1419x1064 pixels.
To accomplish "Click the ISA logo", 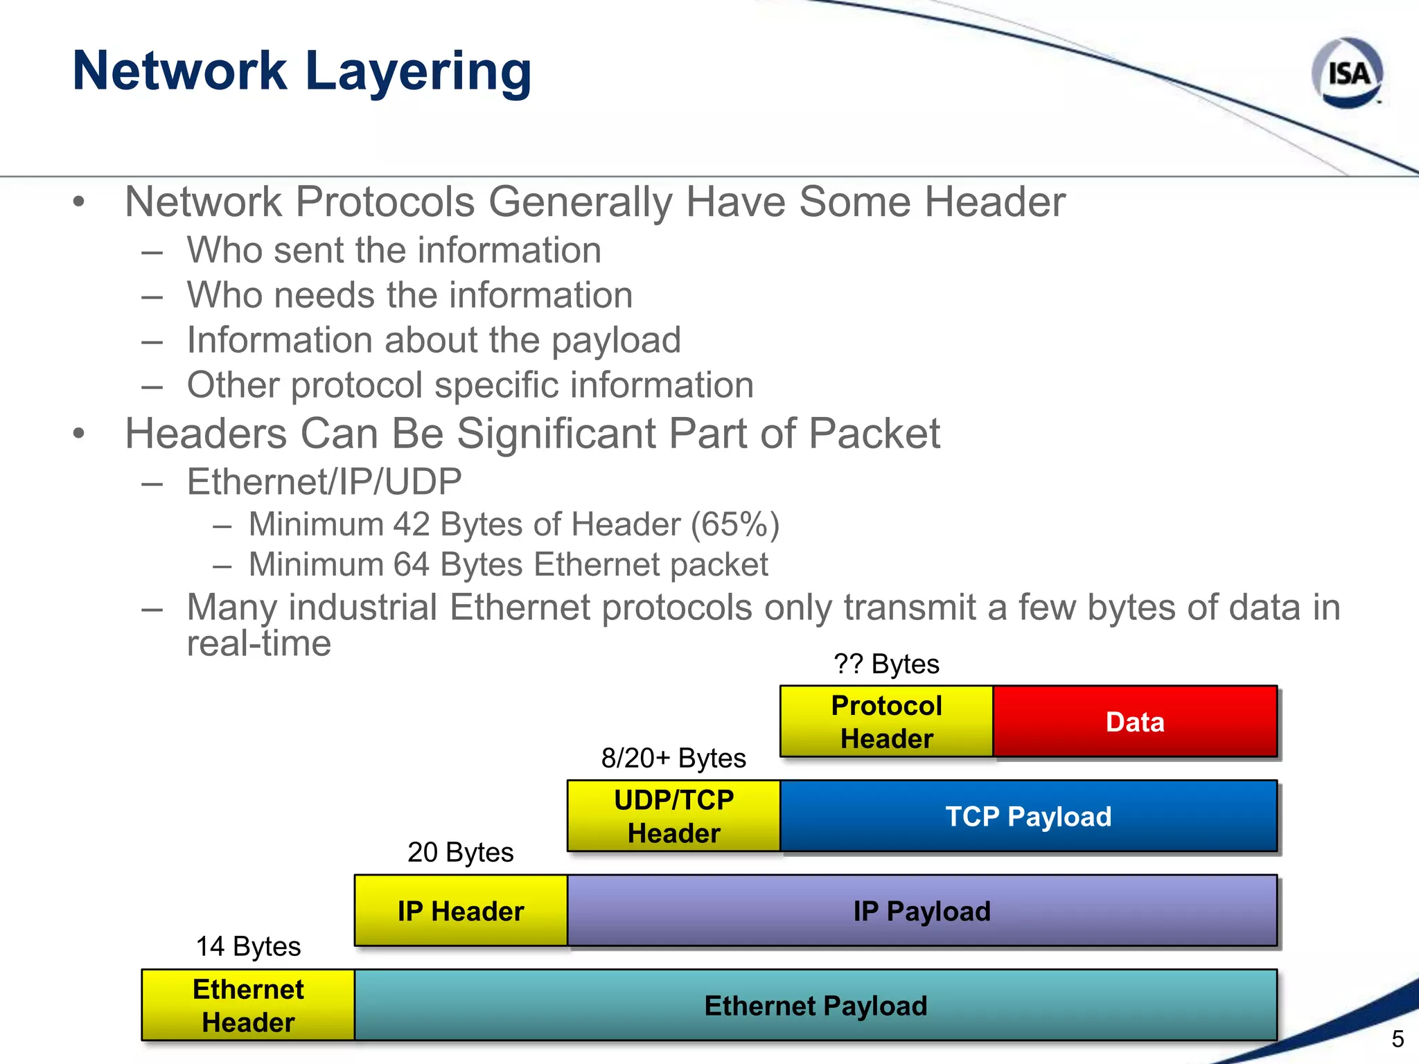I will [1347, 73].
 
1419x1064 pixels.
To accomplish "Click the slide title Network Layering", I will [302, 71].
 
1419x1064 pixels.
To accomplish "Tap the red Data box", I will [1134, 722].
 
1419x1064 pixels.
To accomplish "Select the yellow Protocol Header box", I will [886, 722].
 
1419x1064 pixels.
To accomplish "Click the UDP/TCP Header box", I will [673, 816].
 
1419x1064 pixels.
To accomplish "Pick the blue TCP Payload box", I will [1028, 816].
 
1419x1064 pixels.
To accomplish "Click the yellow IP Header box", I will [460, 911].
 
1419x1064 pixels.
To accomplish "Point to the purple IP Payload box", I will [922, 911].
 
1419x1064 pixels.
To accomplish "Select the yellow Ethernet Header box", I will [248, 1005].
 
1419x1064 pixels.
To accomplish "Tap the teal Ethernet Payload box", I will [816, 1005].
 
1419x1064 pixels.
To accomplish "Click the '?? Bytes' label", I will [886, 664].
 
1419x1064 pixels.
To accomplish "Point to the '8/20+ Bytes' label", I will [673, 759].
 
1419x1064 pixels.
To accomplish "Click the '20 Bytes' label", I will [460, 853].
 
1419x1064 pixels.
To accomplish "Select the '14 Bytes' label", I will [248, 947].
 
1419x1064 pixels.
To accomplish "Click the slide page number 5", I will [1398, 1039].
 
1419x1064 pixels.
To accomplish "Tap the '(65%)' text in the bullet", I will [735, 524].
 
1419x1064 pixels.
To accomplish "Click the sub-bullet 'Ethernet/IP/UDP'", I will [324, 482].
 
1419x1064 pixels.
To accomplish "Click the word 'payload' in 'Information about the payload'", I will [616, 341].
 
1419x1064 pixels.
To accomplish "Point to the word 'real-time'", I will [259, 644].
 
